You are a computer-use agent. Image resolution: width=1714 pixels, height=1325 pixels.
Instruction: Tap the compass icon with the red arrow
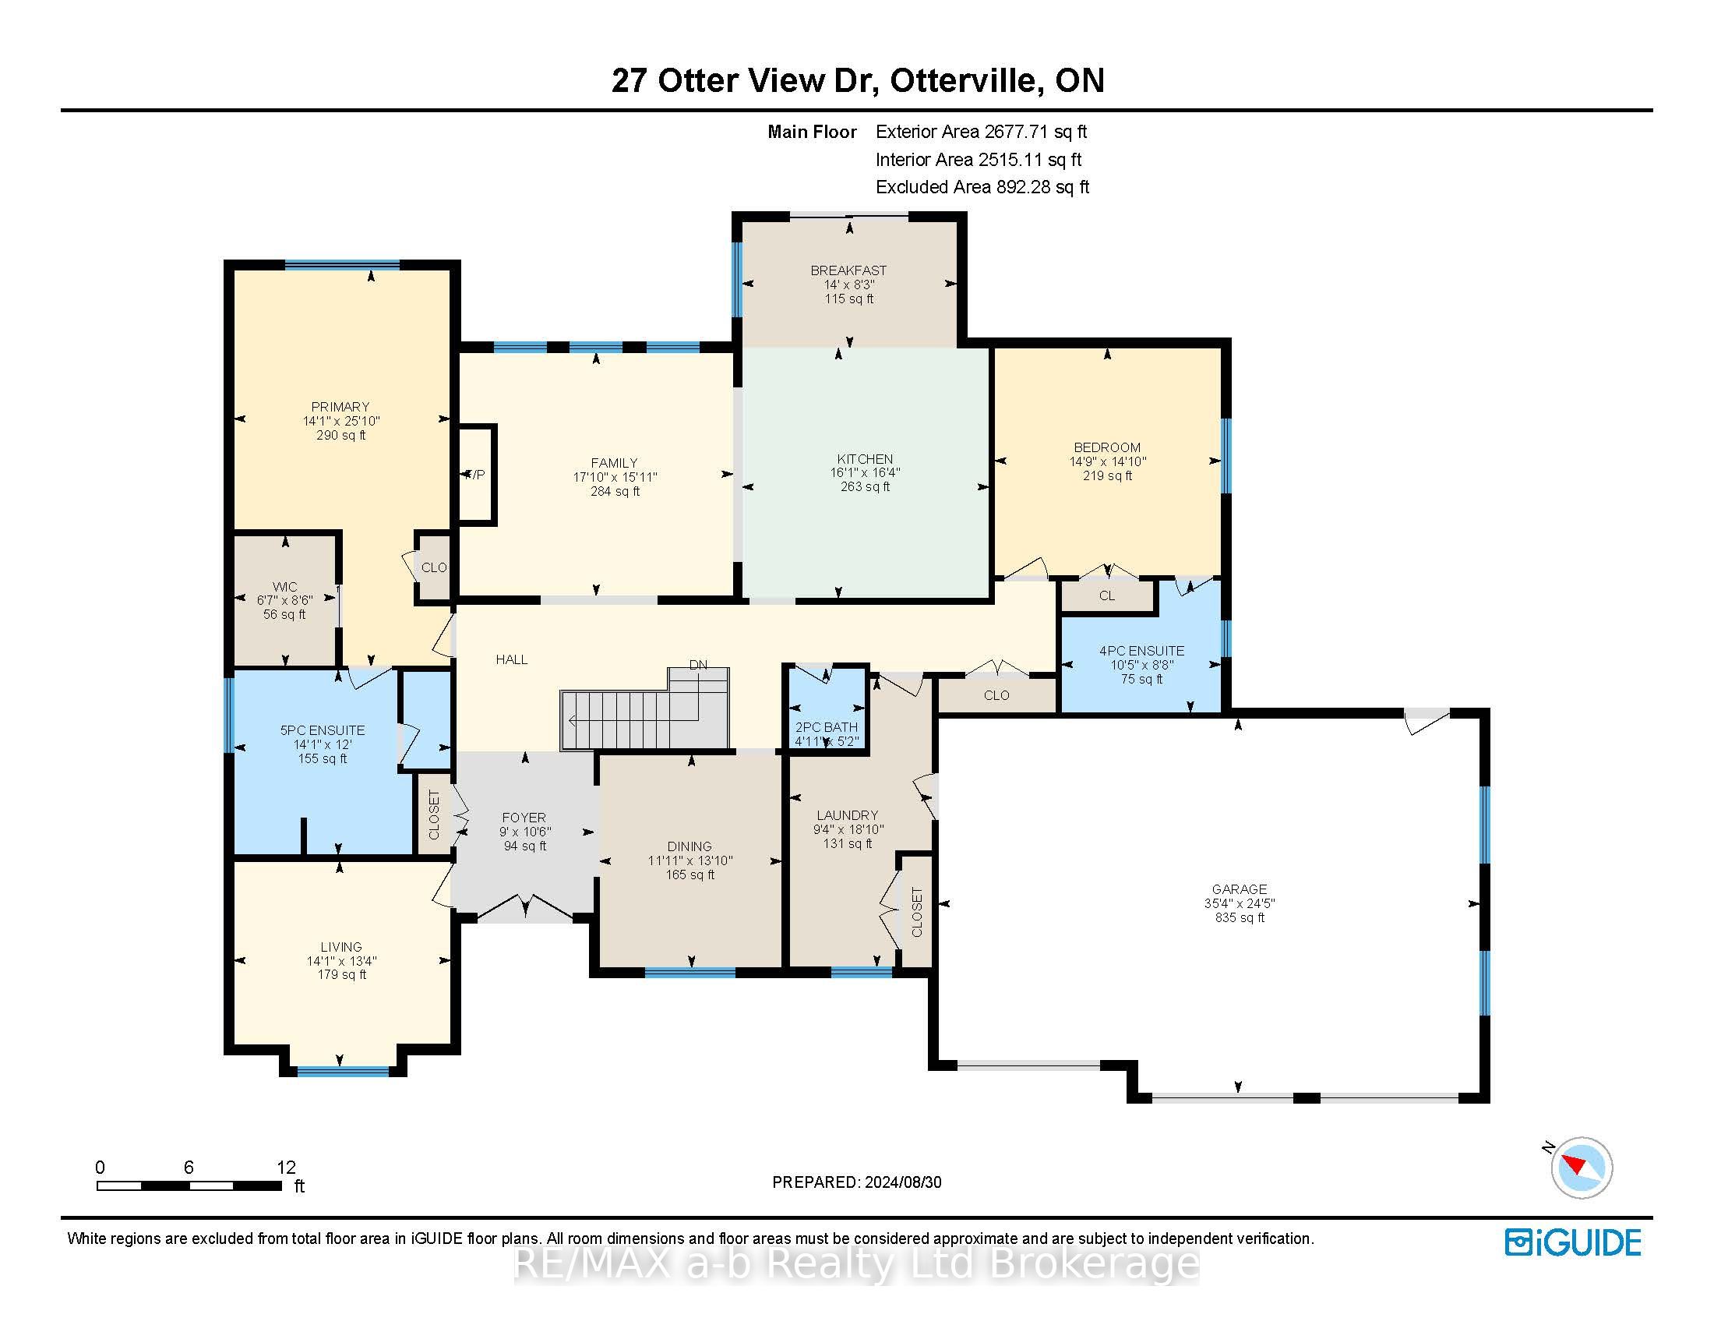click(x=1582, y=1168)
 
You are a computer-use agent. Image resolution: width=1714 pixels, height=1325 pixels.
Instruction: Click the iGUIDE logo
click(x=1573, y=1242)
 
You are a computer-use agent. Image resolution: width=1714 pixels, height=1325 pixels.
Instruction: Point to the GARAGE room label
click(x=1240, y=889)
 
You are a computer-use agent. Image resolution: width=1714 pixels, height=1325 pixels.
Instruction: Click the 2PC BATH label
click(x=827, y=728)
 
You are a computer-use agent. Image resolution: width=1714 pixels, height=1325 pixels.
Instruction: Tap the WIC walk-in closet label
click(x=285, y=587)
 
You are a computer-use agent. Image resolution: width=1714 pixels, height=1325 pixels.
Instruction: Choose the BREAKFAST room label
click(x=848, y=270)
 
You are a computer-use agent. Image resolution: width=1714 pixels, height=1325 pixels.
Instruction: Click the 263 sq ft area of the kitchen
click(x=865, y=486)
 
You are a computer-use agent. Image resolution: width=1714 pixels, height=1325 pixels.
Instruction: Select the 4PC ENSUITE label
click(x=1142, y=651)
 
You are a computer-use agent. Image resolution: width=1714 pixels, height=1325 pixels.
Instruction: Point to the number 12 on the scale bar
click(x=286, y=1168)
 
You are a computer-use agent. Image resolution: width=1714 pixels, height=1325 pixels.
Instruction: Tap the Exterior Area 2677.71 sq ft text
click(x=981, y=132)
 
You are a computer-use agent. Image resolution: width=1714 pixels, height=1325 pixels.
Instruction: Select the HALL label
click(x=512, y=659)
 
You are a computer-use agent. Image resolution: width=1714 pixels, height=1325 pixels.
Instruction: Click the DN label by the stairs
click(x=699, y=665)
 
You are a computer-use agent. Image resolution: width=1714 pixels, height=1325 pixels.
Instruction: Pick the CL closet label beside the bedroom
click(x=1107, y=595)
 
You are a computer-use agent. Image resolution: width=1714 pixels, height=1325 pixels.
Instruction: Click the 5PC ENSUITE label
click(x=323, y=730)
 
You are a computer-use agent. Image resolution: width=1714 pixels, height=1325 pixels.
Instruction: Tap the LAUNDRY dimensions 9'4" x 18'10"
click(x=848, y=830)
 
